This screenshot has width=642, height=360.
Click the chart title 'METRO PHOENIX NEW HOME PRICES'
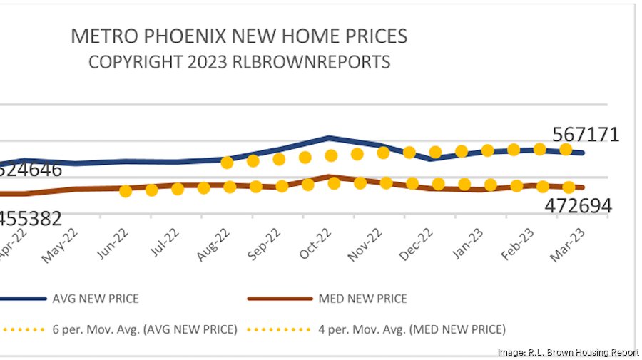(x=239, y=36)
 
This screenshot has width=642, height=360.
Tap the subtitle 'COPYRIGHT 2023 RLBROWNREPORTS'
(x=239, y=62)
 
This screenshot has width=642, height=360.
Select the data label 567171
(x=586, y=135)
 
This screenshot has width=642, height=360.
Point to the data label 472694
(x=578, y=206)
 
